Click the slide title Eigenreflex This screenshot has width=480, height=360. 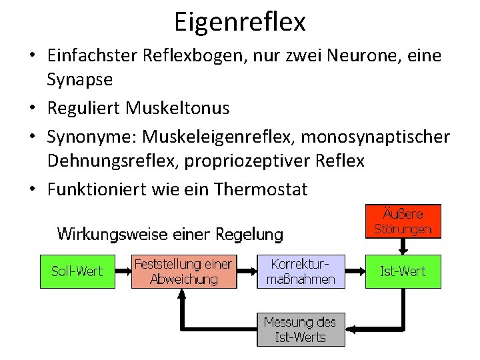pyautogui.click(x=240, y=21)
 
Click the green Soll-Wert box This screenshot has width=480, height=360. pyautogui.click(x=77, y=271)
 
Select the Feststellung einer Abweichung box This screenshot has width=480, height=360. pyautogui.click(x=183, y=271)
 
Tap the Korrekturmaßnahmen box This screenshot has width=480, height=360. pyautogui.click(x=301, y=271)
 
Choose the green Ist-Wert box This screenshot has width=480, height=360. pyautogui.click(x=403, y=271)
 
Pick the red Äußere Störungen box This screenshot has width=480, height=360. pyautogui.click(x=403, y=221)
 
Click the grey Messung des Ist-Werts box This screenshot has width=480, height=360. pyautogui.click(x=301, y=329)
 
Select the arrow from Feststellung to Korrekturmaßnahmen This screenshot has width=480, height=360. pyautogui.click(x=247, y=271)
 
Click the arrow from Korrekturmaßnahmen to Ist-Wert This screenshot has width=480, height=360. pyautogui.click(x=355, y=271)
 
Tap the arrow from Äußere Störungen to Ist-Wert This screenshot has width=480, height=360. pyautogui.click(x=403, y=245)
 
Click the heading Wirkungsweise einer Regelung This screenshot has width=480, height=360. pyautogui.click(x=170, y=234)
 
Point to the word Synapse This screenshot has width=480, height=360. pyautogui.click(x=79, y=80)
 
